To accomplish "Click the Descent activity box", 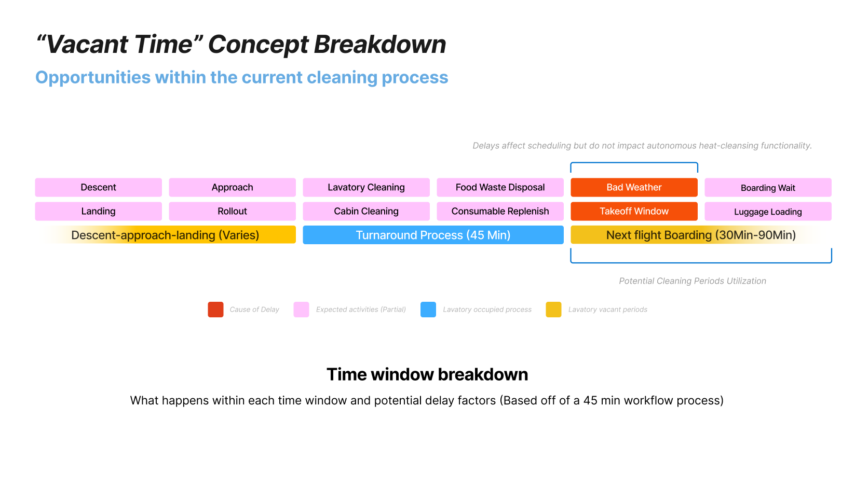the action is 99,187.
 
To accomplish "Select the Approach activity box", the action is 233,187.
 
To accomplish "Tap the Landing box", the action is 99,211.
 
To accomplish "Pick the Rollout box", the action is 233,211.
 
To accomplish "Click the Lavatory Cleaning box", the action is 367,187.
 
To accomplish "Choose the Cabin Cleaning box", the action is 367,211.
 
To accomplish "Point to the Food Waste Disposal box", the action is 500,187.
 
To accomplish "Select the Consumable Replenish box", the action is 500,211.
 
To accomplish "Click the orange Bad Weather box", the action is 634,187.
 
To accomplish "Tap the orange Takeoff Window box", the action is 634,211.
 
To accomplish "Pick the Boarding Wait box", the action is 768,187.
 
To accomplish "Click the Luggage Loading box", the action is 768,211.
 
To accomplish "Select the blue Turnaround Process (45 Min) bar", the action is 433,235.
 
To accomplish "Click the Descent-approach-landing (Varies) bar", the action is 166,235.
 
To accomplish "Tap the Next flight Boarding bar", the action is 701,235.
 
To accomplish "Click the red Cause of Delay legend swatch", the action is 215,310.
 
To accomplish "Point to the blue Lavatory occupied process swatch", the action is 428,310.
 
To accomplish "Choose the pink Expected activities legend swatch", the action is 301,310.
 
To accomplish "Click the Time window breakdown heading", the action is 428,374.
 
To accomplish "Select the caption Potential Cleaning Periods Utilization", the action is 693,281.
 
